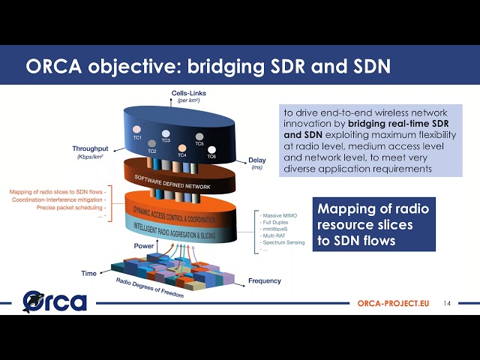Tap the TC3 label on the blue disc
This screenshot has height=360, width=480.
pos(166,140)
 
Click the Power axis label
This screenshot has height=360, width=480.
pos(144,246)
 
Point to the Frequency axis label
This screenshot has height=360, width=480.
pos(264,281)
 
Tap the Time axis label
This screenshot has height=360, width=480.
pos(88,274)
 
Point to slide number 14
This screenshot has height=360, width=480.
pos(447,304)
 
